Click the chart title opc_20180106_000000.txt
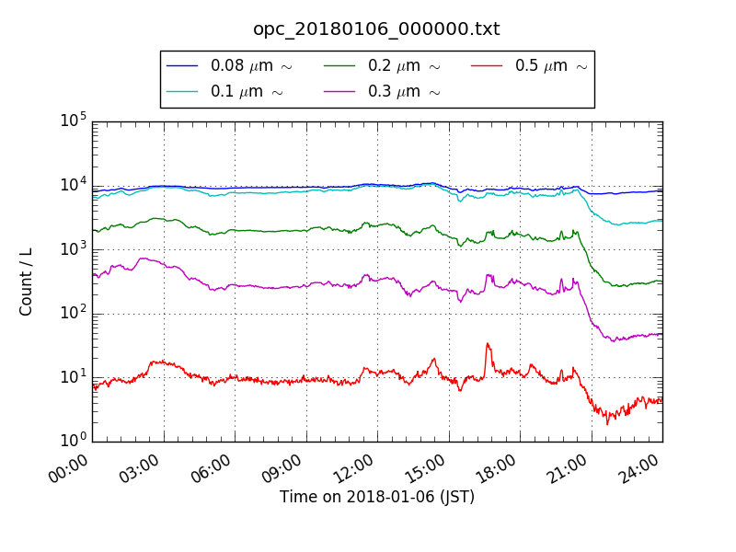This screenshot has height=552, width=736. [376, 29]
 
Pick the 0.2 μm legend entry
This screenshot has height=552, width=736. [403, 66]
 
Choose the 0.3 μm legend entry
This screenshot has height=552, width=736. [403, 91]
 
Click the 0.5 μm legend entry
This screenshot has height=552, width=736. [550, 66]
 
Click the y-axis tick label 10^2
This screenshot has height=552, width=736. [73, 313]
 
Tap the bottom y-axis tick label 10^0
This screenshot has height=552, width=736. [73, 441]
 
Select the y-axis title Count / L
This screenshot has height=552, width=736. [27, 282]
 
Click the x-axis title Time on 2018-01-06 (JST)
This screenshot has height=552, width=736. [376, 497]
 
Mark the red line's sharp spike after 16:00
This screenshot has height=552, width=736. [487, 344]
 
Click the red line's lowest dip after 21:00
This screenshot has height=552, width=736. [606, 423]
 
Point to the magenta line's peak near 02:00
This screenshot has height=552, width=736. [143, 259]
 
